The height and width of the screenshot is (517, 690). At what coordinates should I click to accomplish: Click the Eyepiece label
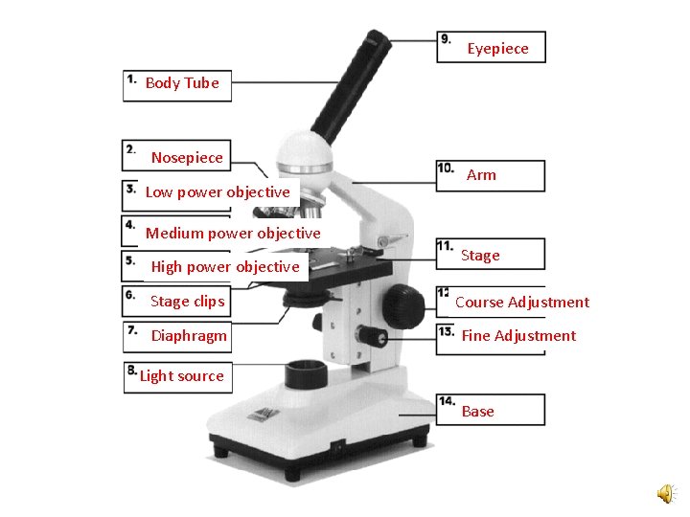pos(497,49)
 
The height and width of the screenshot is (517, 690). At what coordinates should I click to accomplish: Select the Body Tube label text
pos(182,83)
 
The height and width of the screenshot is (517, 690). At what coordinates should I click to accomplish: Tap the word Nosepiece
pos(187,158)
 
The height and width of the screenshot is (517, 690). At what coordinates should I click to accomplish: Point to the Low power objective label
pos(218,192)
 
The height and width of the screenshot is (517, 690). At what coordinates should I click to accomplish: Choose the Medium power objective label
pos(233,234)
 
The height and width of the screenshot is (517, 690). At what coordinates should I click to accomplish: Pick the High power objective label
pos(225,267)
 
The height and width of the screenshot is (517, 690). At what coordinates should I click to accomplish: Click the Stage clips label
pos(187,302)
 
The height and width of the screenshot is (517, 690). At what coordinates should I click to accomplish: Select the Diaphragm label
pos(189,336)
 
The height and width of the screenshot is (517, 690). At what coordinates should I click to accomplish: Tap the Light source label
pos(181,376)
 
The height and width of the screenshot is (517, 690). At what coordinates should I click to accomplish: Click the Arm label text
pos(481,175)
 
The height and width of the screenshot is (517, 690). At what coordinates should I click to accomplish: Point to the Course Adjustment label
pos(522,303)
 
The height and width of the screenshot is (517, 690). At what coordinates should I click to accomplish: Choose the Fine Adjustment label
pos(518,336)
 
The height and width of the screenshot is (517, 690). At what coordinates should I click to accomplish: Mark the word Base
pos(478,412)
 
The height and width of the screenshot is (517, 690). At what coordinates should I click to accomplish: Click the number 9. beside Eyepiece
pos(446,39)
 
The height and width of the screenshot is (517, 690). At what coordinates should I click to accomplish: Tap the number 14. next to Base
pos(448,400)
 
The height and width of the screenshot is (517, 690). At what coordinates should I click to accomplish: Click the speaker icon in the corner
pos(665,493)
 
